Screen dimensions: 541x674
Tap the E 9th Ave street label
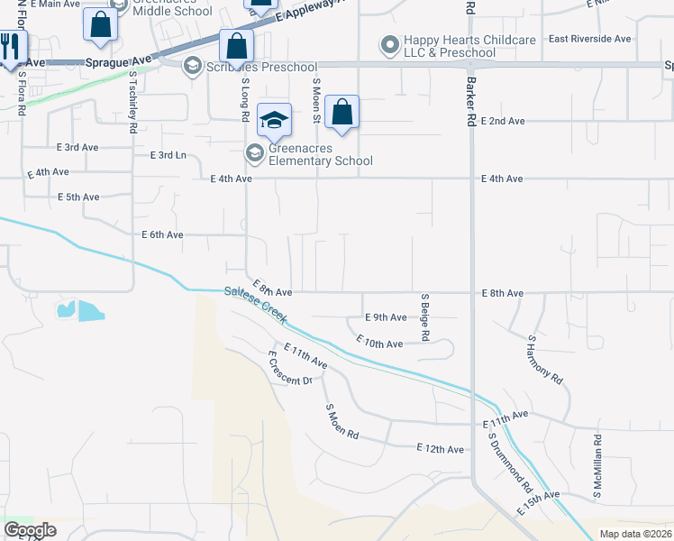(x=386, y=317)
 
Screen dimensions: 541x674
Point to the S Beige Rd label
(x=424, y=317)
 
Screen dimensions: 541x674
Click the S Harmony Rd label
(x=544, y=360)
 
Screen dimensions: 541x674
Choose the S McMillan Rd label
(x=597, y=466)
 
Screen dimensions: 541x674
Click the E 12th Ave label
(x=440, y=449)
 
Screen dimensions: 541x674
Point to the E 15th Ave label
(x=538, y=502)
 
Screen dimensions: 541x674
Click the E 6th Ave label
(x=162, y=234)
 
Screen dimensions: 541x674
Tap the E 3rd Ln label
(x=167, y=155)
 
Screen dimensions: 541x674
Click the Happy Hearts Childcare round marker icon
(x=390, y=43)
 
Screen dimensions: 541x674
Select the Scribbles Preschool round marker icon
(x=192, y=65)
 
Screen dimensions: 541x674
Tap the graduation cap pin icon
(x=275, y=118)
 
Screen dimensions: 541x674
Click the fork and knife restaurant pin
(x=9, y=47)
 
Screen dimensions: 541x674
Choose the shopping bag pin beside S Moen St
(x=342, y=113)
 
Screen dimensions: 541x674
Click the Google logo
(x=30, y=530)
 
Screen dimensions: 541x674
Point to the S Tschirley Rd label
(x=132, y=103)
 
